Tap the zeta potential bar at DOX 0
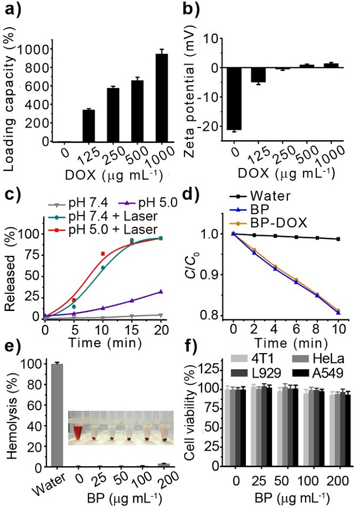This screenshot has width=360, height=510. (234, 98)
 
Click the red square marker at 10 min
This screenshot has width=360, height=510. (103, 254)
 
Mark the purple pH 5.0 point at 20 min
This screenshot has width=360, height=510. (161, 292)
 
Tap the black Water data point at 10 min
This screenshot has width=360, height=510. (338, 239)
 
